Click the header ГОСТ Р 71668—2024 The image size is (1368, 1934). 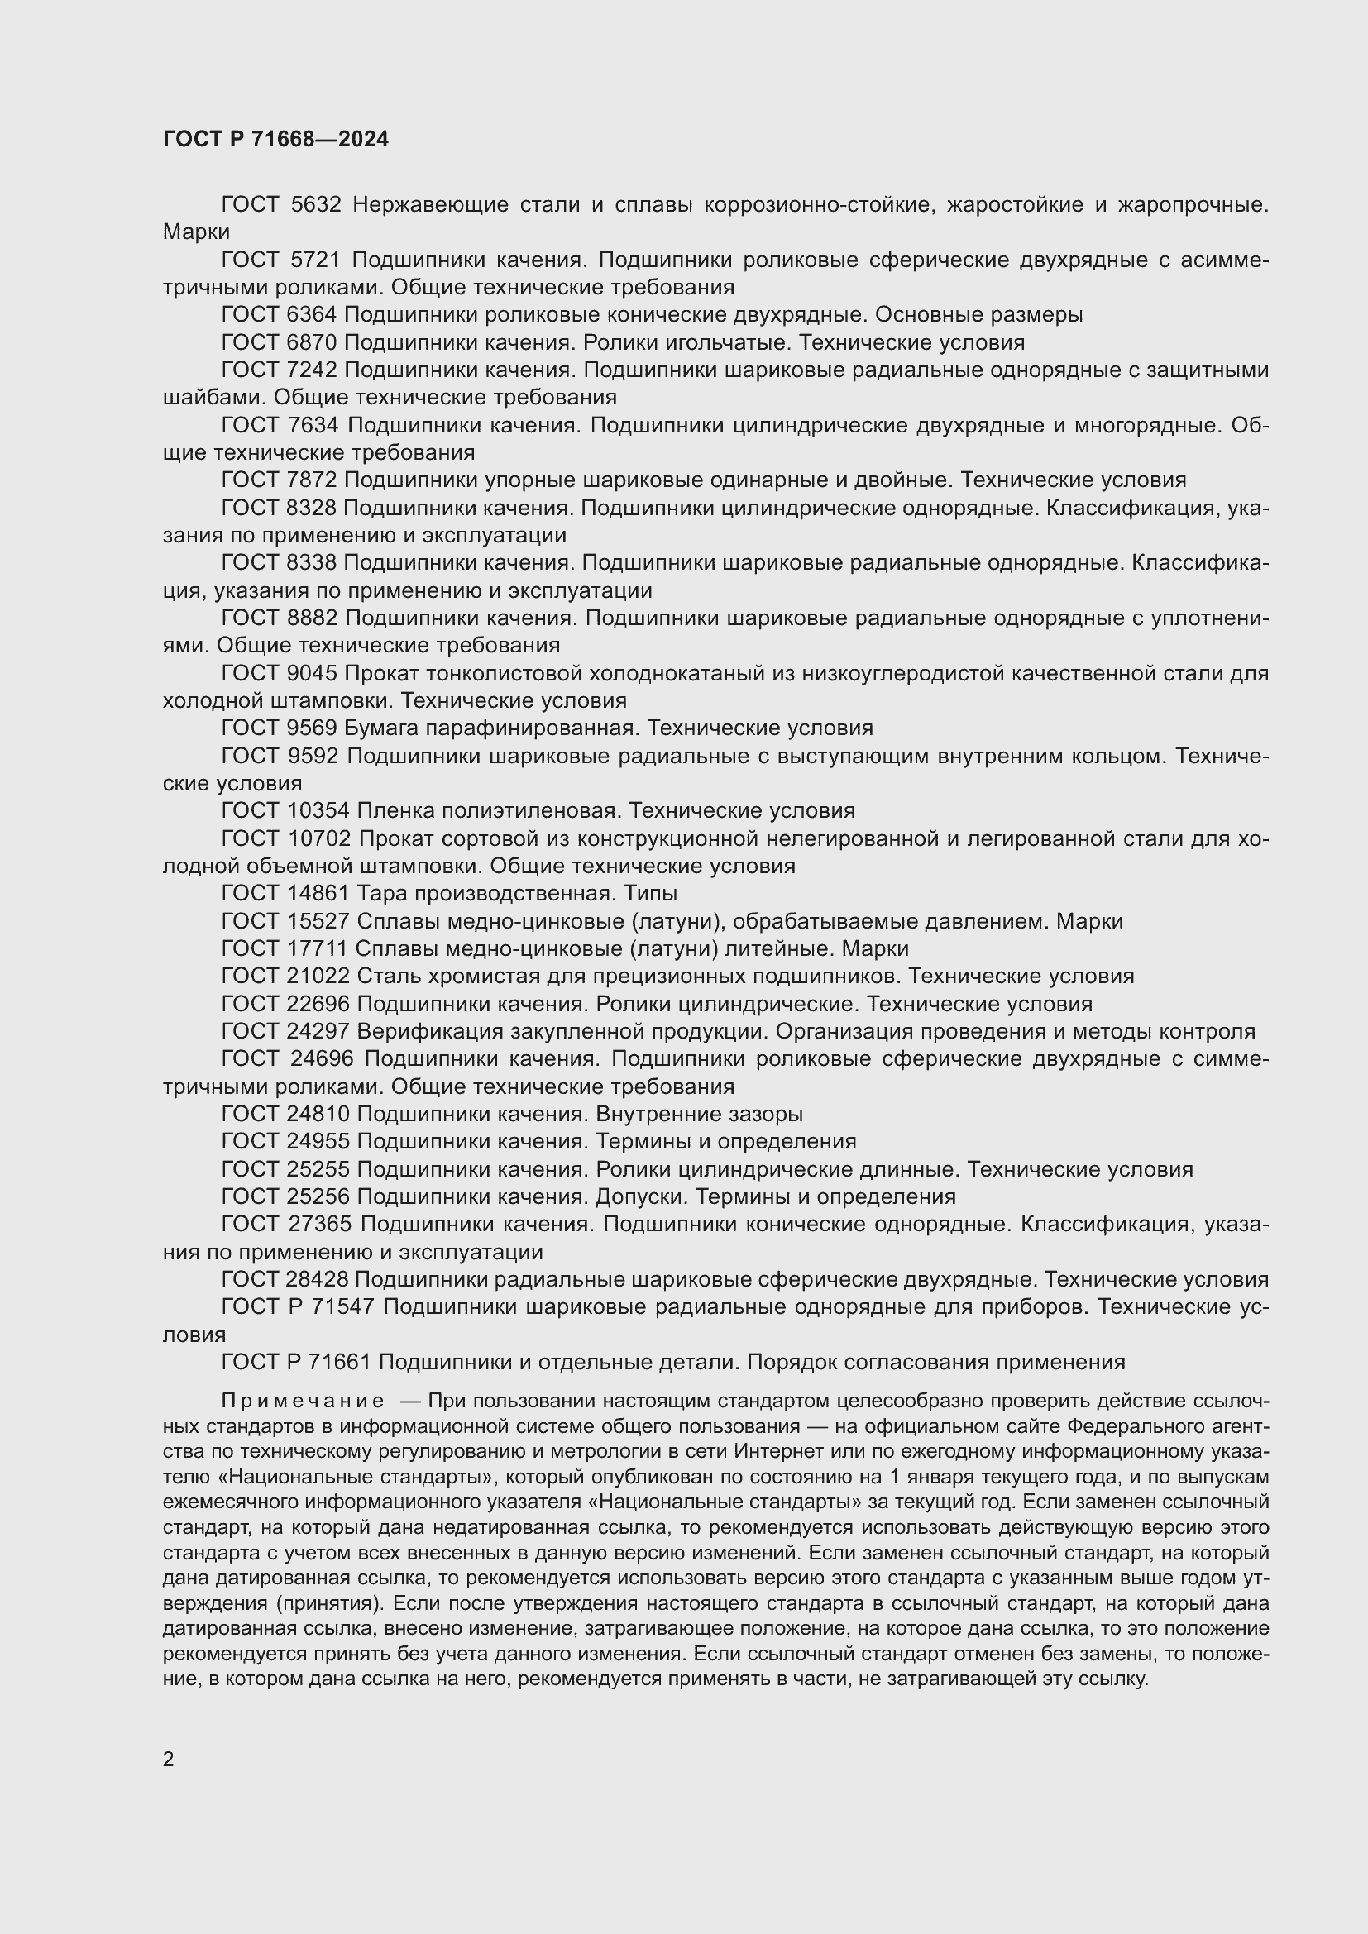275,140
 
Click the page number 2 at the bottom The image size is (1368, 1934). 169,1759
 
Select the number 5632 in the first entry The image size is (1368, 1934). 315,205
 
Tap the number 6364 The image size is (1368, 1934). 312,315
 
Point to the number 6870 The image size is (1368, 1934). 312,343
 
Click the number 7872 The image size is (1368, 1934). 312,480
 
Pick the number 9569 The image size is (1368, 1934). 312,728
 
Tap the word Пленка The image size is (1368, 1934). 397,810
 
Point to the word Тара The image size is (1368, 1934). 381,893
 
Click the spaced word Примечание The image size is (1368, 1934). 303,1401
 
